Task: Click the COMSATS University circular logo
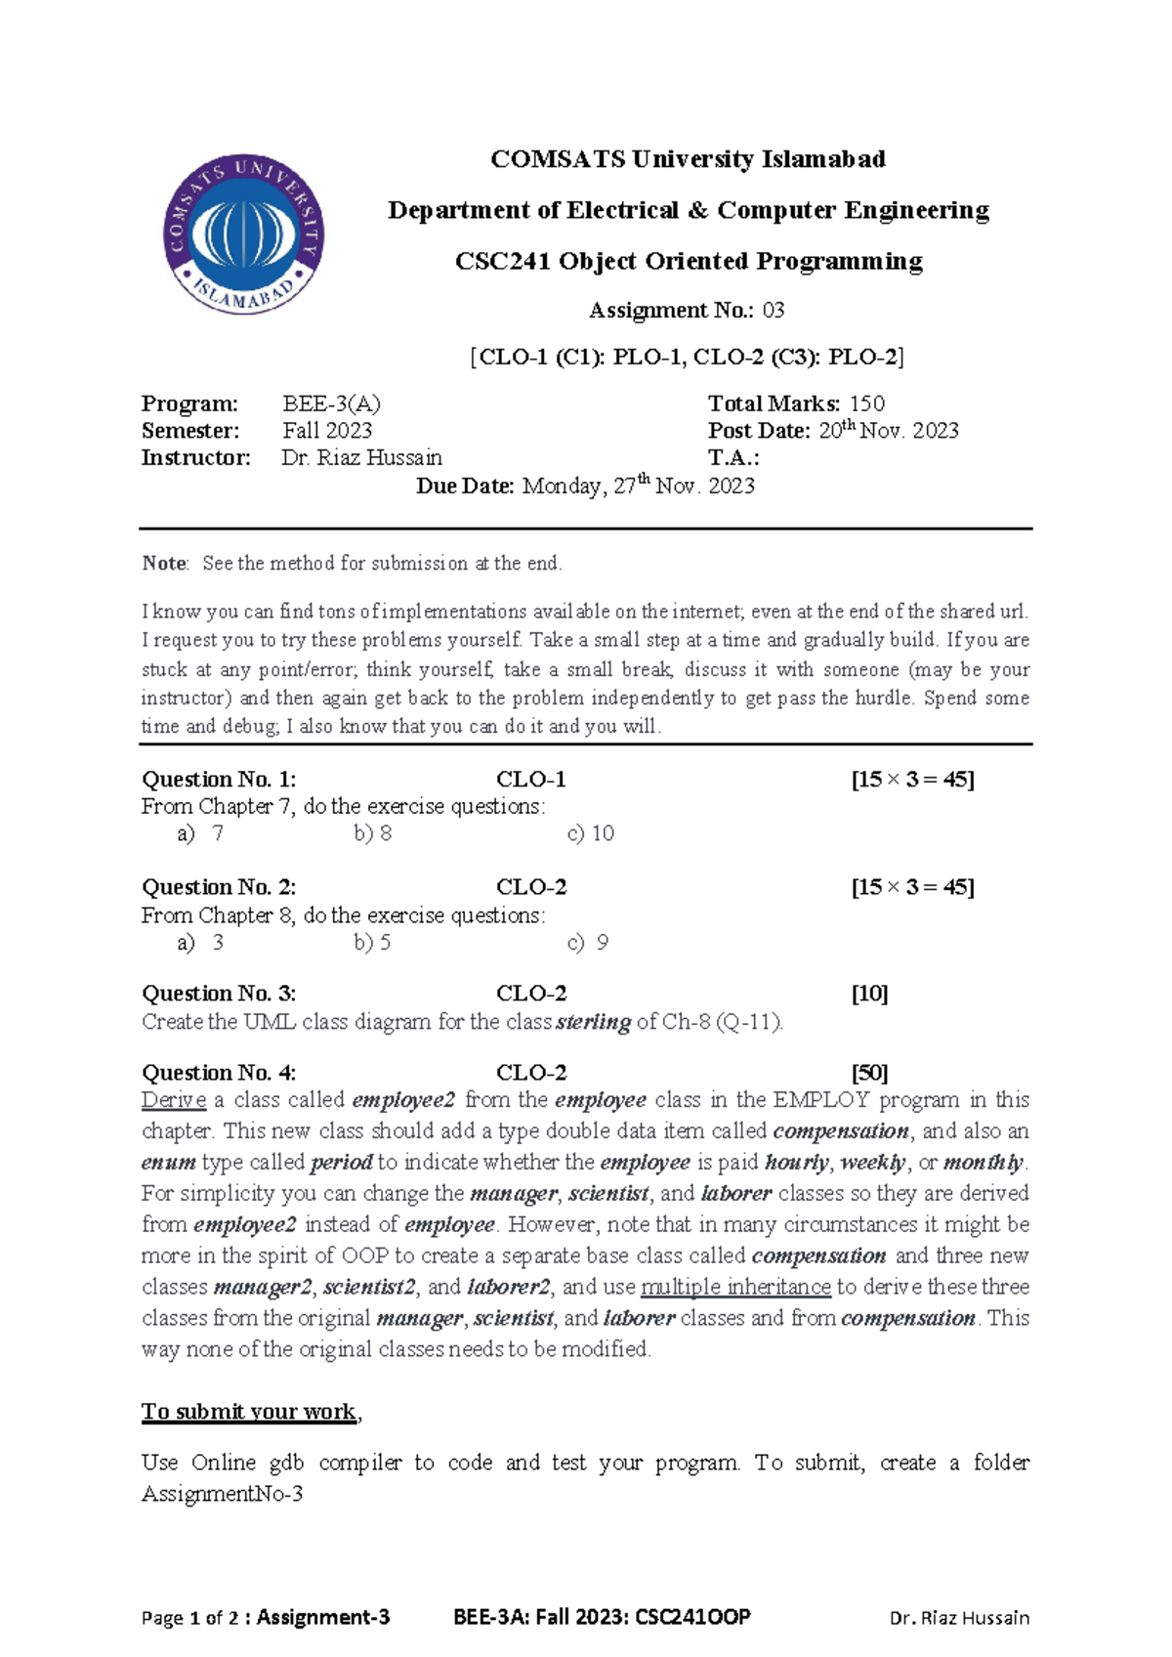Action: click(243, 234)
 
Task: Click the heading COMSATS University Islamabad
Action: click(688, 159)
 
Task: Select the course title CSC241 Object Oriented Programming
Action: click(689, 262)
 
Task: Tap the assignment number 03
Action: click(774, 311)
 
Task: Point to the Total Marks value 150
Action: click(866, 404)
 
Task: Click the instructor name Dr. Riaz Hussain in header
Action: click(361, 458)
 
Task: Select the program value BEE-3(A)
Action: click(331, 404)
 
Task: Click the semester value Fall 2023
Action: click(327, 431)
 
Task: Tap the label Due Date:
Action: click(465, 487)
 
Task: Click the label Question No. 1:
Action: click(219, 780)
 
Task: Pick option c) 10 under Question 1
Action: click(590, 833)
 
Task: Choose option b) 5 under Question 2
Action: click(372, 943)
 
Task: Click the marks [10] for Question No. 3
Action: click(869, 994)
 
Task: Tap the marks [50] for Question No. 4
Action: click(869, 1073)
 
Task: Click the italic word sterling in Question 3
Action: click(593, 1023)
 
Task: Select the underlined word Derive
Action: click(174, 1100)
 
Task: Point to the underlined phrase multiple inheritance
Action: click(735, 1288)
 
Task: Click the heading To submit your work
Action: click(249, 1412)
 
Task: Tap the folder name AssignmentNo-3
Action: click(223, 1494)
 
